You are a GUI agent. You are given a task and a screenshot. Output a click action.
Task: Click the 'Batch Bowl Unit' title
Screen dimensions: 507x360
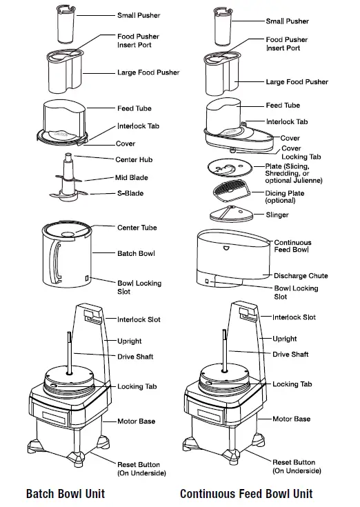pyautogui.click(x=66, y=493)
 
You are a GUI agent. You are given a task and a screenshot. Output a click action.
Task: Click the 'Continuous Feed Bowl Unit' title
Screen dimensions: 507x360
pyautogui.click(x=246, y=493)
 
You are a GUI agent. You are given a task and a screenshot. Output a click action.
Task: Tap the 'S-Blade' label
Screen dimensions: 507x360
pyautogui.click(x=130, y=194)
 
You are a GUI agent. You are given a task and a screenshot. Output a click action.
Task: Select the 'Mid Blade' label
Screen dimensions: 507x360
pyautogui.click(x=131, y=177)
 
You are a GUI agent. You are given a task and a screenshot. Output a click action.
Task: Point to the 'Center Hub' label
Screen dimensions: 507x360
pyautogui.click(x=134, y=160)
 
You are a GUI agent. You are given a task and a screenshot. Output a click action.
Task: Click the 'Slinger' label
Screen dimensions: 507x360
pyautogui.click(x=277, y=215)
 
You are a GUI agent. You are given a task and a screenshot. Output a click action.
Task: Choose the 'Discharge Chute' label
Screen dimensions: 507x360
pyautogui.click(x=300, y=276)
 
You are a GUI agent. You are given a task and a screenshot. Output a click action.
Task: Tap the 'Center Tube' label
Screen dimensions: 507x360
pyautogui.click(x=137, y=228)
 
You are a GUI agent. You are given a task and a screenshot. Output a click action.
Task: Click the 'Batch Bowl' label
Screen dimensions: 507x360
pyautogui.click(x=136, y=254)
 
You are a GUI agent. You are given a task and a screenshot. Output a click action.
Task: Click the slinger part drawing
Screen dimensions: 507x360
pyautogui.click(x=230, y=214)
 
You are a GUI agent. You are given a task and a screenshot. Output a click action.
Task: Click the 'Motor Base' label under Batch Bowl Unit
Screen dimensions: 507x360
pyautogui.click(x=136, y=421)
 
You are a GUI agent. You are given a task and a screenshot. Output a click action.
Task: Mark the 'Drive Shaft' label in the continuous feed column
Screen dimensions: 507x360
pyautogui.click(x=290, y=355)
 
